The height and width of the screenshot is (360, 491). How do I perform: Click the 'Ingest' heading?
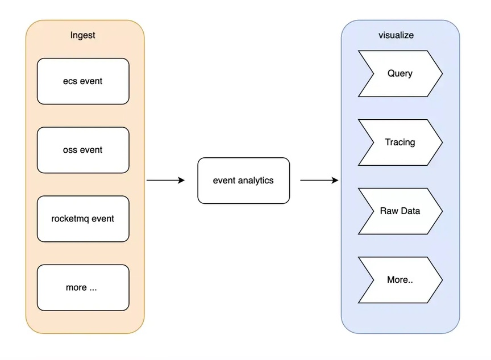tap(82, 35)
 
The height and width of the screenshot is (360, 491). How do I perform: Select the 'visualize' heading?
tap(396, 35)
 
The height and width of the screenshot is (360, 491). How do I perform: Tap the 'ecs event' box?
tap(83, 81)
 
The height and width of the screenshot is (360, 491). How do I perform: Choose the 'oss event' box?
tap(83, 150)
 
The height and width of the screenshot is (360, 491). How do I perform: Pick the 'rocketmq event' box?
tap(83, 219)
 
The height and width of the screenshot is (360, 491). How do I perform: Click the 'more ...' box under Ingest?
tap(83, 288)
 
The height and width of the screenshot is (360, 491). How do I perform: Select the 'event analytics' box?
tap(244, 181)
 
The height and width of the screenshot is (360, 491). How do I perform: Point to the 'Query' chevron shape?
tap(400, 73)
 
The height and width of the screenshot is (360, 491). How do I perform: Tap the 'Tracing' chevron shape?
tap(400, 143)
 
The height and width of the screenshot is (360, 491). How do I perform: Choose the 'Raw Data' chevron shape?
tap(400, 211)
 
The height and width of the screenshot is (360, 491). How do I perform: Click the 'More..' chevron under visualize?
tap(400, 280)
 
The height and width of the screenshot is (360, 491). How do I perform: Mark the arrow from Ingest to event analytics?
tap(165, 180)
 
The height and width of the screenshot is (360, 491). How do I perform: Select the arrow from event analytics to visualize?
tap(319, 180)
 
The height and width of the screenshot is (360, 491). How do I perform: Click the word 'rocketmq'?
tap(70, 219)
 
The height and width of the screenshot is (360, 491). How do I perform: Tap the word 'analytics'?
tap(256, 181)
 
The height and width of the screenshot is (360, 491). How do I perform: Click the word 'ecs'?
tap(70, 81)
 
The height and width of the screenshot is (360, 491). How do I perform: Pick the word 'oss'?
tap(70, 150)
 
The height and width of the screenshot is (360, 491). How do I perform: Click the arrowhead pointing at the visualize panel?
tap(335, 180)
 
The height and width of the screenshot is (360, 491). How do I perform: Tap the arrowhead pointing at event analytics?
tap(182, 180)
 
